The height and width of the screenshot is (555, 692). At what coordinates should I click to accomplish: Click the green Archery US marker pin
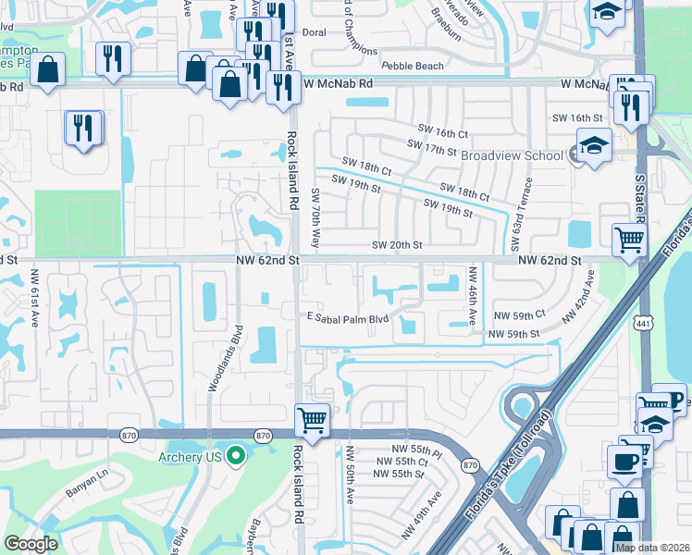point(235,454)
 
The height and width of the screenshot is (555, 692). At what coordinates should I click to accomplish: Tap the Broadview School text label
point(512,155)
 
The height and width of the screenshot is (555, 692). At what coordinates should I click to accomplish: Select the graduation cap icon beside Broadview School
point(593,145)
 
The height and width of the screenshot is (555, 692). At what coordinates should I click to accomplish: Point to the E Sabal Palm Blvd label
point(347,319)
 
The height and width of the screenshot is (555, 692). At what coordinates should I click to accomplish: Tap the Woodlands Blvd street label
point(224,360)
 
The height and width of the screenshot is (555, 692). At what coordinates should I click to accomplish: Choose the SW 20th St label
point(397,245)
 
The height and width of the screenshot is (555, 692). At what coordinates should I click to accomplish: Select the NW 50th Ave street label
point(350,475)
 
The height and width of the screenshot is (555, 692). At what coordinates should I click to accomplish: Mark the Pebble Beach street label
point(413,67)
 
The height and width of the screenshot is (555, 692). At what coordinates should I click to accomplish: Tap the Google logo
point(31,543)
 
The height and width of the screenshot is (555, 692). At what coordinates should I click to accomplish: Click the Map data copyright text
point(652,548)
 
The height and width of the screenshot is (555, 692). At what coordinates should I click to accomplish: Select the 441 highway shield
point(640,322)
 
